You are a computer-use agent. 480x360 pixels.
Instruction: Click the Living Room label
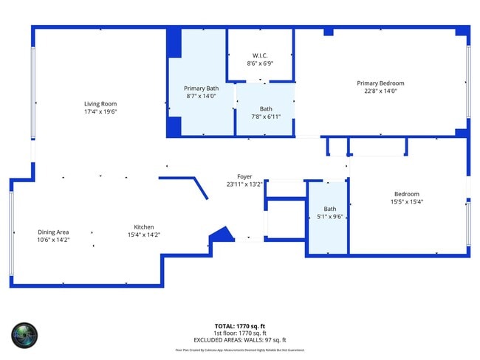coord(100,104)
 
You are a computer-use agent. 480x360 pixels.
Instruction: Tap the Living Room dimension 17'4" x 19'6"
coord(100,112)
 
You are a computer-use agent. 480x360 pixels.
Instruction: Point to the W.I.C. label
coord(260,55)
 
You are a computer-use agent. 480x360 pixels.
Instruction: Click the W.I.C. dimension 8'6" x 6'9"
coord(260,63)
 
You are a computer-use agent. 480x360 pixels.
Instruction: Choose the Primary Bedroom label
coord(380,83)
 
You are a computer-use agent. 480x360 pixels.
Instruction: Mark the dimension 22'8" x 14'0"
coord(380,91)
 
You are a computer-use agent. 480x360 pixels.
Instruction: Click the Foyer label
coord(244,177)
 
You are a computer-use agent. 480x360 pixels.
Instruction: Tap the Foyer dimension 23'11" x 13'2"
coord(244,185)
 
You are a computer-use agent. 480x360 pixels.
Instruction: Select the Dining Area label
coord(53,232)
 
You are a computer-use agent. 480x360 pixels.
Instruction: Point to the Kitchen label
coord(143,226)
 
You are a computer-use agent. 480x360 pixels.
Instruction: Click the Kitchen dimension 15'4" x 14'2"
coord(143,235)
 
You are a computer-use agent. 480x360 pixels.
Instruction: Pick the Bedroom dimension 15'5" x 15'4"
coord(406,201)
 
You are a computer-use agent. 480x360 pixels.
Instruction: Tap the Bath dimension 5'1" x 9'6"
coord(329,217)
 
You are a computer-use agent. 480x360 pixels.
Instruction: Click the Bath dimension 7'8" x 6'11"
coord(265,117)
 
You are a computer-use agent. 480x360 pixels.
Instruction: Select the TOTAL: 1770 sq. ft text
coord(239,325)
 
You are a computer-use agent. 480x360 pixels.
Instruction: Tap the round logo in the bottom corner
coord(24,335)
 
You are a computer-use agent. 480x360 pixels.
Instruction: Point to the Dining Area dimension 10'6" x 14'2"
coord(53,240)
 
